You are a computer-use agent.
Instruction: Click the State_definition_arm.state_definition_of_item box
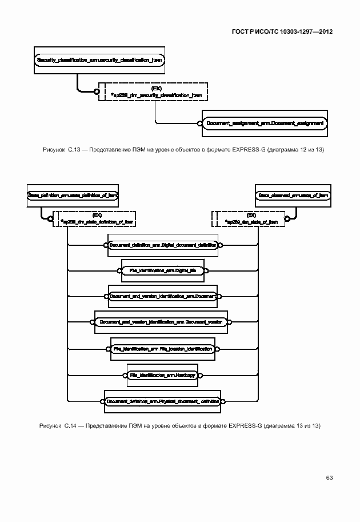pyautogui.click(x=73, y=196)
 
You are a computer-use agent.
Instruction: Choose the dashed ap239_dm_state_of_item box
pyautogui.click(x=251, y=218)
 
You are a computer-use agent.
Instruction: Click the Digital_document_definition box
pyautogui.click(x=163, y=245)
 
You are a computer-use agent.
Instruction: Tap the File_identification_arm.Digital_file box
pyautogui.click(x=163, y=270)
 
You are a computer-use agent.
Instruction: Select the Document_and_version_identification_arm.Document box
pyautogui.click(x=163, y=296)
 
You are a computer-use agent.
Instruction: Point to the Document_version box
pyautogui.click(x=161, y=322)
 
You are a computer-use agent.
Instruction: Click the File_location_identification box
pyautogui.click(x=163, y=348)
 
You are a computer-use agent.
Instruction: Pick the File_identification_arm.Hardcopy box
pyautogui.click(x=163, y=375)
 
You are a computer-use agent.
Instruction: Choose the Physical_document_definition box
pyautogui.click(x=163, y=401)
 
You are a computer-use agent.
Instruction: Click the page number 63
pyautogui.click(x=329, y=477)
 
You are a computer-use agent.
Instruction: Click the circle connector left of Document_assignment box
pyautogui.click(x=200, y=123)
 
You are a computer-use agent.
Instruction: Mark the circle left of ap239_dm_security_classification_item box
pyautogui.click(x=97, y=91)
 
